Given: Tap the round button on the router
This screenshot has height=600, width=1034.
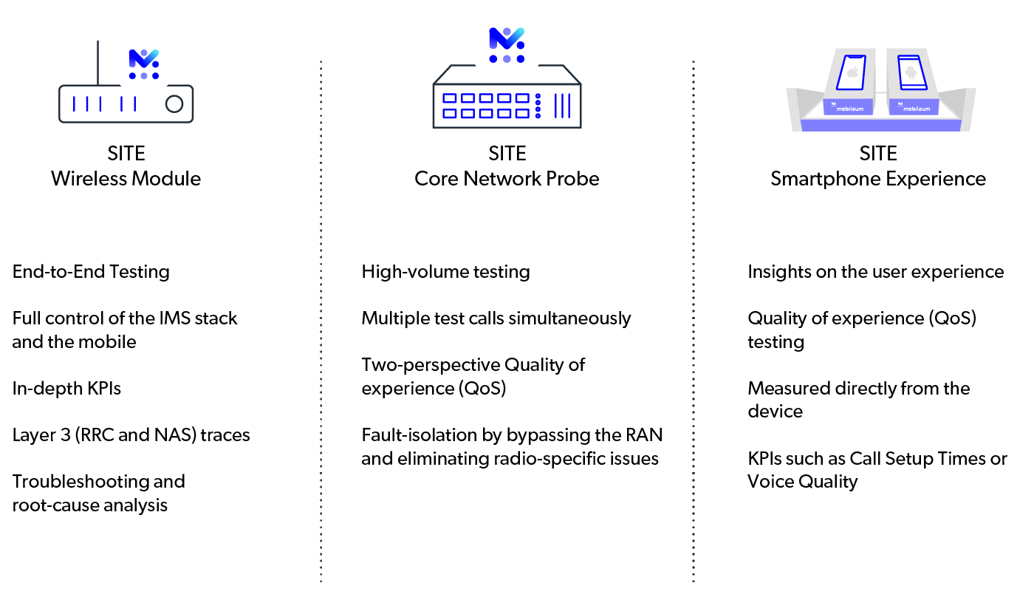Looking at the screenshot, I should click(x=174, y=104).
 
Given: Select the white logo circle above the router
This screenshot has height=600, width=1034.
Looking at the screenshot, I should click(x=144, y=64).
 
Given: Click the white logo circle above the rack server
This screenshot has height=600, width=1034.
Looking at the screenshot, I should click(x=507, y=45).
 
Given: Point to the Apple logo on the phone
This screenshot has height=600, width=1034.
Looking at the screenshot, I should click(x=853, y=72).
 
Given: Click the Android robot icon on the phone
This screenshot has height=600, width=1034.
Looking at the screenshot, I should click(x=911, y=72).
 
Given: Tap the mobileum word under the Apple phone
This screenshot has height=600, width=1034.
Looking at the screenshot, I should click(x=850, y=109).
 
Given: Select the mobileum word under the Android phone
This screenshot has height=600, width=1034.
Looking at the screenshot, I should click(x=916, y=109).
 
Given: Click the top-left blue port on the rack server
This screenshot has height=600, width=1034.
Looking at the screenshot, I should click(x=449, y=98).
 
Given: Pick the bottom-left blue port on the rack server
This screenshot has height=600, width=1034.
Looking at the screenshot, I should click(x=449, y=113).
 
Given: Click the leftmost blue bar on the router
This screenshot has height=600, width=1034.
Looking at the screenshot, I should click(x=74, y=104).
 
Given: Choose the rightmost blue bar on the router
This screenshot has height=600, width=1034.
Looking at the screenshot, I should click(x=134, y=104).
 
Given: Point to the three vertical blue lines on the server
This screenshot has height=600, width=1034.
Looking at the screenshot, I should click(x=563, y=106).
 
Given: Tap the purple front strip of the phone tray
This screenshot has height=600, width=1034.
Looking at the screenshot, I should click(x=880, y=126).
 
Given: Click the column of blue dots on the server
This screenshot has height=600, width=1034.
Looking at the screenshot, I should click(x=538, y=106).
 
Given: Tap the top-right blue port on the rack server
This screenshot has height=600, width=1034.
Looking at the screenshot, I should click(x=523, y=98).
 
